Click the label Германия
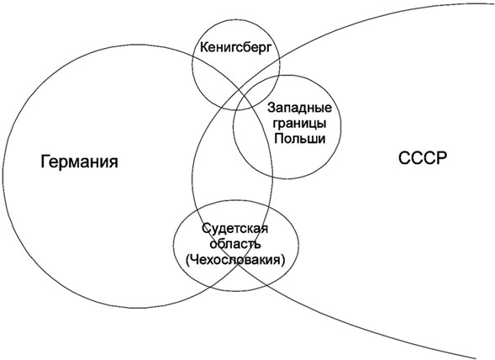tap(79, 161)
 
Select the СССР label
tap(423, 158)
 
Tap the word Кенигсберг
tap(236, 48)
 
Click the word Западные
tap(299, 108)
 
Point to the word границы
tap(299, 123)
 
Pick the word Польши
tap(299, 139)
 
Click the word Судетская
tap(234, 229)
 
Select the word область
tap(235, 244)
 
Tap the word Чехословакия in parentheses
tap(235, 260)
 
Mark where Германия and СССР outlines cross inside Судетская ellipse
tap(237, 265)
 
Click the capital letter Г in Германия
tap(45, 161)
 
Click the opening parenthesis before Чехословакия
tap(188, 260)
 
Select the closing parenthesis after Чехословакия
tap(282, 260)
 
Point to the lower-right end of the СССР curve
tap(475, 357)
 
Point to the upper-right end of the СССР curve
tap(492, 4)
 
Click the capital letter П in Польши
tap(279, 138)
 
